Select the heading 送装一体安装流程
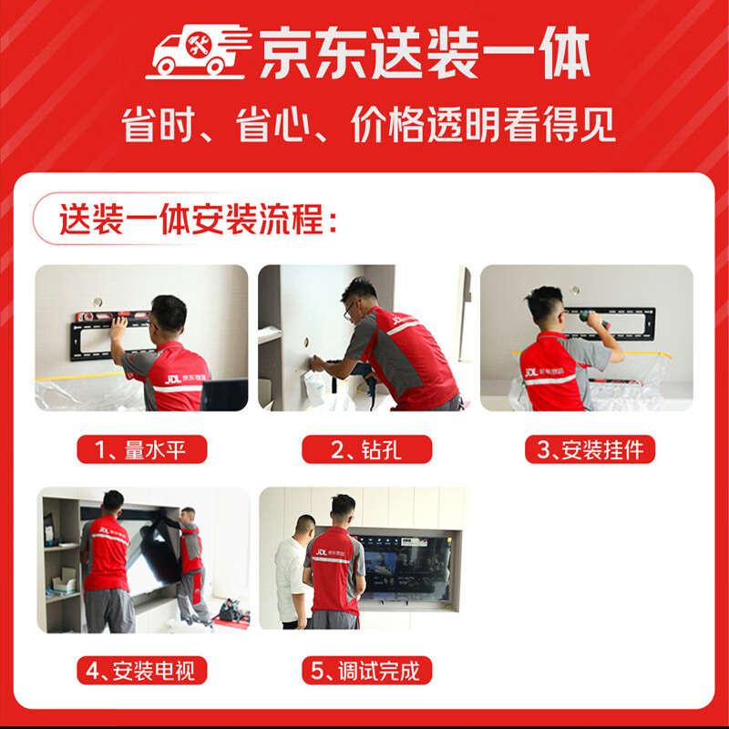point(199,221)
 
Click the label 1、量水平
point(141,449)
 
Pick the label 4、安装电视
point(141,672)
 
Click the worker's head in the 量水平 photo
point(168,314)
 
